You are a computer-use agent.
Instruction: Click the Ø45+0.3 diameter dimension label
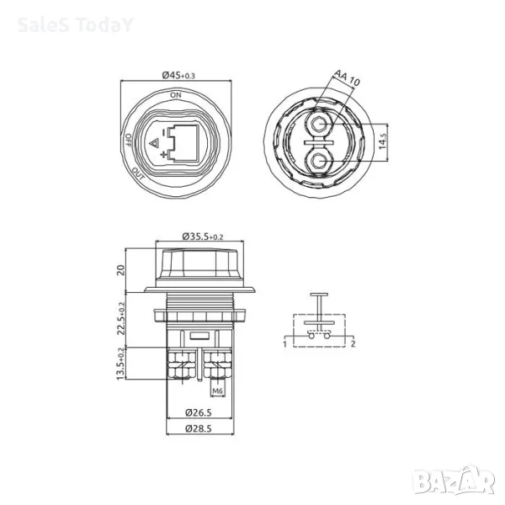pyautogui.click(x=178, y=76)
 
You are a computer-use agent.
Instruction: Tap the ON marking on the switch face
pyautogui.click(x=176, y=95)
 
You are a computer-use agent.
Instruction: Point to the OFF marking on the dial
pyautogui.click(x=128, y=140)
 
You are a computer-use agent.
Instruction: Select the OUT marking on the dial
pyautogui.click(x=138, y=173)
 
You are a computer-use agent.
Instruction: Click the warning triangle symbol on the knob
pyautogui.click(x=155, y=143)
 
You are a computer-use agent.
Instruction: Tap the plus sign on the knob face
pyautogui.click(x=164, y=155)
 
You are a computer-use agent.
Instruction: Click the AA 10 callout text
pyautogui.click(x=347, y=77)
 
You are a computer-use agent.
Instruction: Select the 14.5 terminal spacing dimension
pyautogui.click(x=382, y=141)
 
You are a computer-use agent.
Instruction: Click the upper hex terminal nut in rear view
pyautogui.click(x=319, y=125)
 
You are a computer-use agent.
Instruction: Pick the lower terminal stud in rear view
pyautogui.click(x=319, y=160)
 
